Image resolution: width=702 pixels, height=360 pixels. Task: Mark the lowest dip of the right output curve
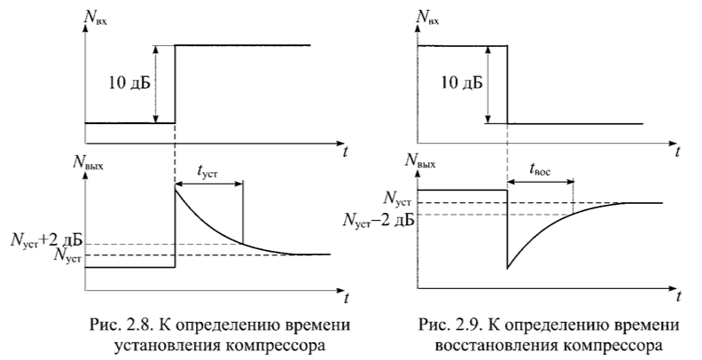coord(507,268)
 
